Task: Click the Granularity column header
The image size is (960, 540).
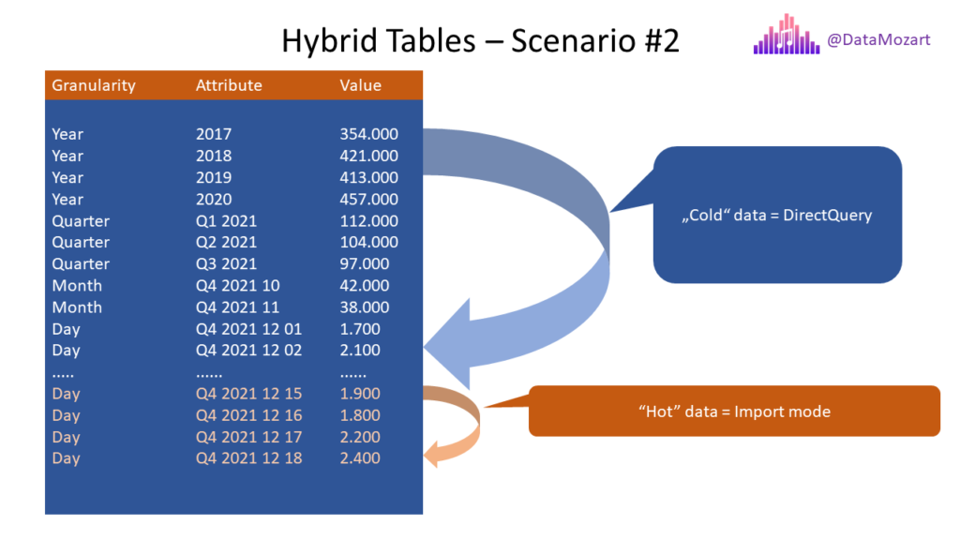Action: [x=94, y=85]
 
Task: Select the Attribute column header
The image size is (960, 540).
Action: [x=229, y=85]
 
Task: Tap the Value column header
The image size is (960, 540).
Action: [x=361, y=85]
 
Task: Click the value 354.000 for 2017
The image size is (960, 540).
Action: [x=369, y=134]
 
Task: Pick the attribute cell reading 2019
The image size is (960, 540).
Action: [x=214, y=177]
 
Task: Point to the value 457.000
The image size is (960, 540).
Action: [x=369, y=199]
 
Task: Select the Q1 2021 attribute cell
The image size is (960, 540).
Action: [x=227, y=221]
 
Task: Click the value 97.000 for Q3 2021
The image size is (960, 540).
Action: [x=365, y=263]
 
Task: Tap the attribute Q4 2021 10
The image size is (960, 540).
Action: [x=237, y=286]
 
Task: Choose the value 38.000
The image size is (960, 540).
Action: [x=365, y=307]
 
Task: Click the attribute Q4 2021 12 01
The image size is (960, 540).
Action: [x=248, y=329]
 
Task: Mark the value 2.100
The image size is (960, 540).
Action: [x=360, y=351]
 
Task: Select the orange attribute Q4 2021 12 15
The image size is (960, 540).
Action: [x=248, y=394]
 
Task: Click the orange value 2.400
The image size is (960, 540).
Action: [x=360, y=457]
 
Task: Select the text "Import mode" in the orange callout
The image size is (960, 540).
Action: [x=783, y=412]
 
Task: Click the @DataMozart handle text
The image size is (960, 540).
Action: [x=878, y=39]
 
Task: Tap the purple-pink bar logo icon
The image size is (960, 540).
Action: [x=787, y=35]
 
